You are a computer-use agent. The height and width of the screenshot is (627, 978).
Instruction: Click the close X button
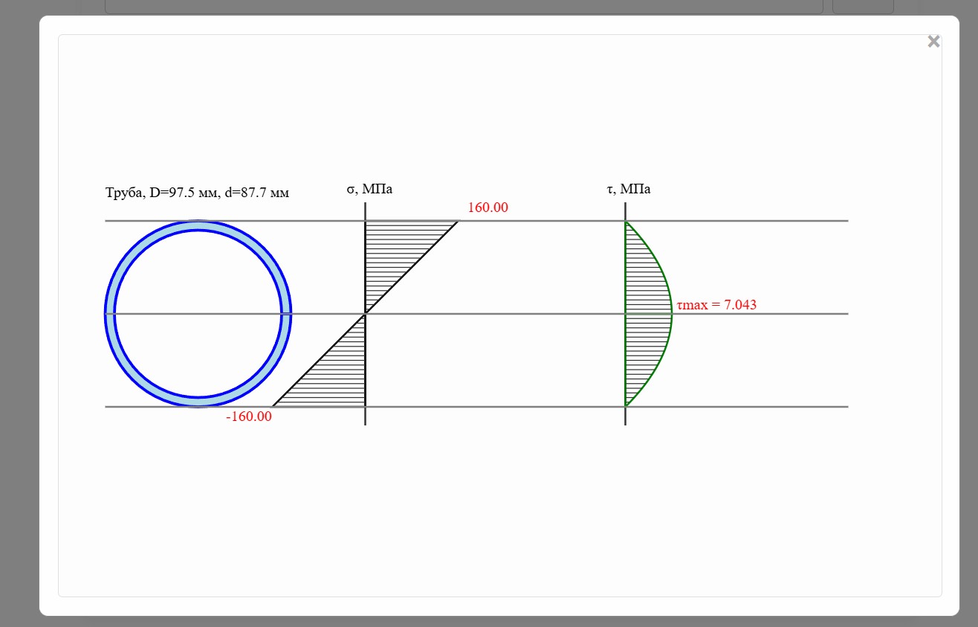tap(933, 42)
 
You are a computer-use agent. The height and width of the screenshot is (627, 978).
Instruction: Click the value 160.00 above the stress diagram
tap(488, 207)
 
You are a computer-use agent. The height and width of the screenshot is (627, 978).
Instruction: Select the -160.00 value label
tap(248, 417)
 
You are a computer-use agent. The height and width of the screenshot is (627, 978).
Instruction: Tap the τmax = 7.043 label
tap(716, 304)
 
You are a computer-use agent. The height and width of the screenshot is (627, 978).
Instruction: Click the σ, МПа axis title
tap(369, 189)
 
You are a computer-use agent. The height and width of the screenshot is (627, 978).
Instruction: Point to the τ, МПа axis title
tap(629, 189)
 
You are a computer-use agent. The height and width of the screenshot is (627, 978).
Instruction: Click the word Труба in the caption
tap(124, 193)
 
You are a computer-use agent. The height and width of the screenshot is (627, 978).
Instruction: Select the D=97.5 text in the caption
tap(172, 193)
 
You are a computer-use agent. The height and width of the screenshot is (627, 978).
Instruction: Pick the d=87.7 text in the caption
tap(245, 193)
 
